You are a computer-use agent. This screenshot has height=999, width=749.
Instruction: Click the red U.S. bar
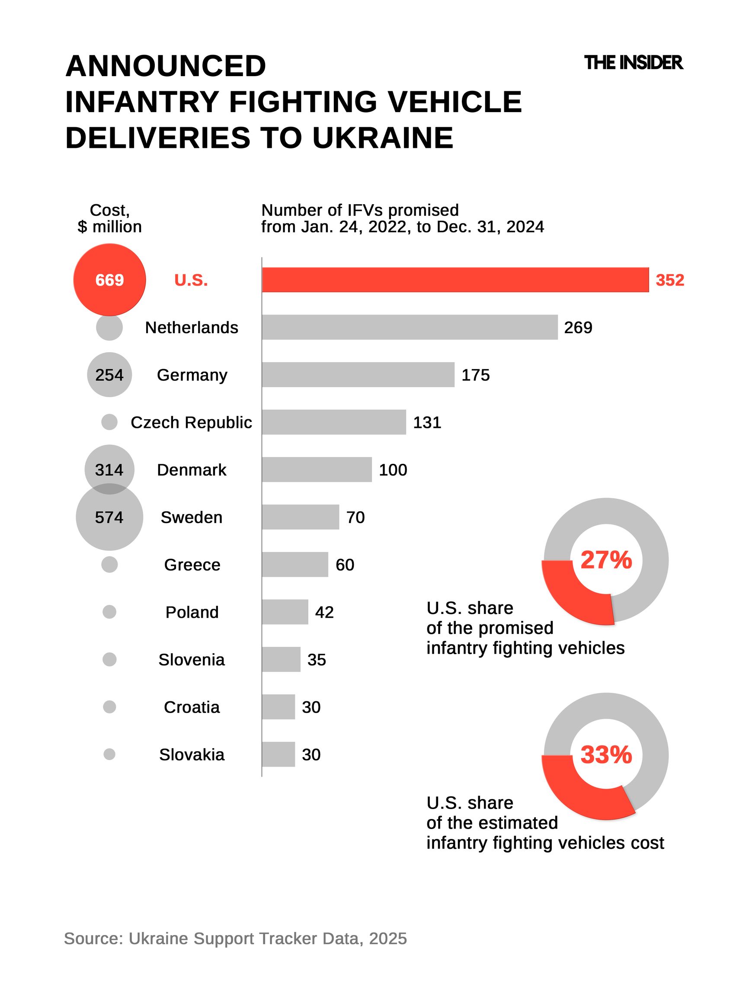point(455,280)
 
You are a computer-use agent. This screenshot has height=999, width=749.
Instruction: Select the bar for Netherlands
point(410,327)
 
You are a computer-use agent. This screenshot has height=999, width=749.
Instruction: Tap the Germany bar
point(358,374)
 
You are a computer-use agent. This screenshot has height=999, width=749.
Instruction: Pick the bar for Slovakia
point(278,754)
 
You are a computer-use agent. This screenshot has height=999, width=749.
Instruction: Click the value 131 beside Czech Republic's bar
point(427,422)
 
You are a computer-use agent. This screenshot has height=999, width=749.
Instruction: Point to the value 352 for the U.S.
point(669,280)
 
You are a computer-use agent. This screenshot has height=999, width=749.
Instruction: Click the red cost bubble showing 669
point(109,280)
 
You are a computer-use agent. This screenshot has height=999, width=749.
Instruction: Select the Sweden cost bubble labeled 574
point(109,519)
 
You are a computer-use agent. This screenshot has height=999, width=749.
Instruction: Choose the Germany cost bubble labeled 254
point(109,375)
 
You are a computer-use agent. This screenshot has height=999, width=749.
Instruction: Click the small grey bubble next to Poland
point(109,612)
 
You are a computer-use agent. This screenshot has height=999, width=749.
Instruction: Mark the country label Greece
point(192,565)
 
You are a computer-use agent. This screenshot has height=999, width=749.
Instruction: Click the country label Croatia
point(192,707)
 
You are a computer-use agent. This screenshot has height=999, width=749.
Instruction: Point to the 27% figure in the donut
point(606,560)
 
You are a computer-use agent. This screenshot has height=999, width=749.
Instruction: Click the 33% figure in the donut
point(606,754)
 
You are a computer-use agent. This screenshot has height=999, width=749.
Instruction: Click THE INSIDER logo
point(633,63)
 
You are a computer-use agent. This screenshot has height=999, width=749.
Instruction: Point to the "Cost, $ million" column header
point(109,218)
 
